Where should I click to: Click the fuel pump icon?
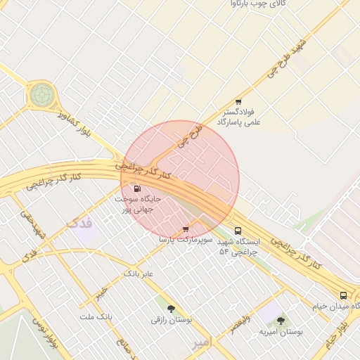pyautogui.click(x=136, y=188)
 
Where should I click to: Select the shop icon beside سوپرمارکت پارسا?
pyautogui.click(x=186, y=229)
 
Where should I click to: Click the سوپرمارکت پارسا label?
pyautogui.click(x=185, y=240)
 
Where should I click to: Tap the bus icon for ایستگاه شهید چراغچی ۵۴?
pyautogui.click(x=238, y=231)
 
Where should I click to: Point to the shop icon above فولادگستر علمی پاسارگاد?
pyautogui.click(x=238, y=102)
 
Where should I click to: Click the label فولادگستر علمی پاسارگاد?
pyautogui.click(x=241, y=117)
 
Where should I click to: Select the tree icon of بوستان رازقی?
pyautogui.click(x=171, y=308)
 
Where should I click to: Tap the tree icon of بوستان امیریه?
pyautogui.click(x=281, y=321)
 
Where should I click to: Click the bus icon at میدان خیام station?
pyautogui.click(x=343, y=295)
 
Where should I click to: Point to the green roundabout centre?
pyautogui.click(x=41, y=94)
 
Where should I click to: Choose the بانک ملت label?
pyautogui.click(x=96, y=318)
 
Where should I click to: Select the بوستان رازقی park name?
pyautogui.click(x=171, y=320)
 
